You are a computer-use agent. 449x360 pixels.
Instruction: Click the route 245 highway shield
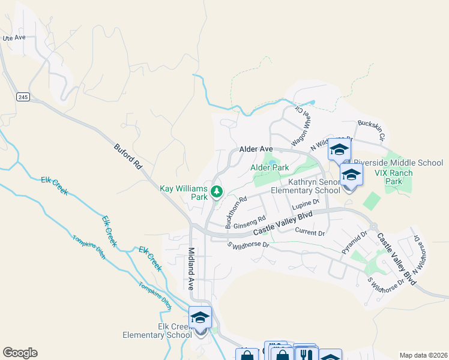click(x=23, y=97)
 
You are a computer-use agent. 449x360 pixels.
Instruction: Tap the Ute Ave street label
click(x=14, y=38)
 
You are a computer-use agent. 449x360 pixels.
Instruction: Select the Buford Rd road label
click(x=127, y=156)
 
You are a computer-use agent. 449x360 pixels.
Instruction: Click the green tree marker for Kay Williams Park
click(x=217, y=192)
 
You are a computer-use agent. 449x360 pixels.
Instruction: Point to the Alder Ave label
click(x=256, y=148)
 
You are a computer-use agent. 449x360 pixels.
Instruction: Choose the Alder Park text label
click(x=270, y=168)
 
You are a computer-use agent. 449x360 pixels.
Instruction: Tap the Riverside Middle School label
click(x=398, y=163)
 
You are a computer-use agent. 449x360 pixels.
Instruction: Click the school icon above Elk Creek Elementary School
click(x=200, y=317)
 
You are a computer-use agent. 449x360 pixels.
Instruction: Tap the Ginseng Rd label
click(x=249, y=223)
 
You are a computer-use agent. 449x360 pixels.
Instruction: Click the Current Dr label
click(x=310, y=232)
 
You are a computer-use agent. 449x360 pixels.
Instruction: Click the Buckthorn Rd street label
click(x=236, y=212)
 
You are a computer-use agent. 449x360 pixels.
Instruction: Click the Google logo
click(x=20, y=353)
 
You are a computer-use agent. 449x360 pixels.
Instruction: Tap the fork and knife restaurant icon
click(x=306, y=355)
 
